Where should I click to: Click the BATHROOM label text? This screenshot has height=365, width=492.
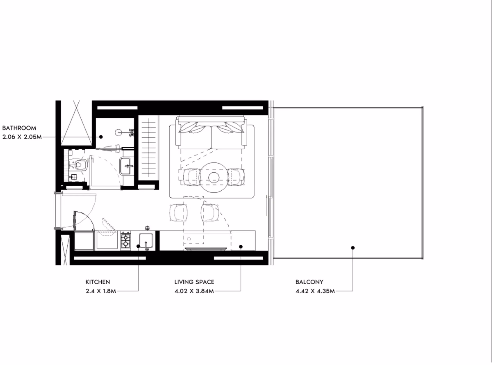click(x=19, y=128)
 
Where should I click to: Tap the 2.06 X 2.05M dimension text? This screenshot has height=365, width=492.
click(x=22, y=137)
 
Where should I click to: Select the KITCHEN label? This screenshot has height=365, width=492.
click(x=98, y=282)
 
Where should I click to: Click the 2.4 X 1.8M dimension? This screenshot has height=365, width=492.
click(x=101, y=291)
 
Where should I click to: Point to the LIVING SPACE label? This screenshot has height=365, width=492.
click(x=194, y=282)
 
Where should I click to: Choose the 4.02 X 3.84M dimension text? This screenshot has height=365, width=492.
click(x=194, y=291)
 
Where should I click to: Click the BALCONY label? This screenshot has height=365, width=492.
click(x=309, y=282)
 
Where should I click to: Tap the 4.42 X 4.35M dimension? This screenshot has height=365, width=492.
click(x=315, y=291)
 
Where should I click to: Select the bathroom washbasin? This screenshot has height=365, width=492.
click(x=127, y=166)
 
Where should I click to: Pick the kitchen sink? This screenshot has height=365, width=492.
click(x=146, y=241)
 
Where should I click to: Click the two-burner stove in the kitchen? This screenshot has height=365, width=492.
click(x=125, y=240)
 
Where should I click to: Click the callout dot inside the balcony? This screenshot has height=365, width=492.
click(x=353, y=248)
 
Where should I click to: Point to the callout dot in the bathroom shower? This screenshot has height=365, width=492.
click(x=101, y=137)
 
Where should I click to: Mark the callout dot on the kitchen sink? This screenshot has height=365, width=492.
click(x=138, y=246)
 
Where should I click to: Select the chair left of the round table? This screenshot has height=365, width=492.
click(x=191, y=177)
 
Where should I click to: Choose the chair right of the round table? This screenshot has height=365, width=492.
click(x=236, y=177)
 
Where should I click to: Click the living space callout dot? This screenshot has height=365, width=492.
click(x=241, y=246)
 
